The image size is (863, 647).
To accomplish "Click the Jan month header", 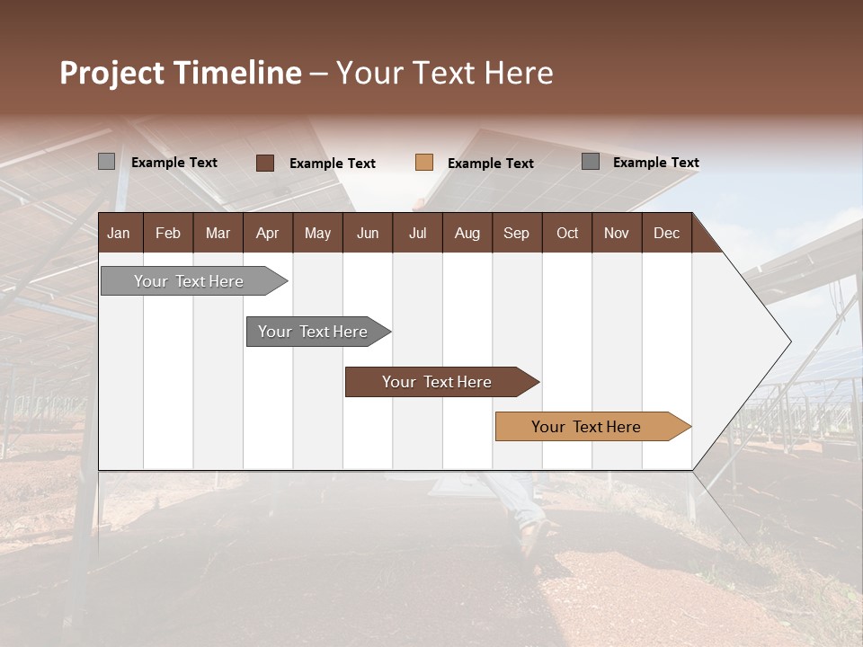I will click(119, 233).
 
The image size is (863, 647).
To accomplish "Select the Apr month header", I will click(267, 233).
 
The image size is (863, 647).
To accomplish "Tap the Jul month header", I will click(417, 233).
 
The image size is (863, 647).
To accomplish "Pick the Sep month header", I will click(516, 233).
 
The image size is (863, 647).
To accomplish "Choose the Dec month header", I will click(666, 233).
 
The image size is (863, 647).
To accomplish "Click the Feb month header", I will click(168, 233).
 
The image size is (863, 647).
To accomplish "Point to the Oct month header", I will click(567, 233).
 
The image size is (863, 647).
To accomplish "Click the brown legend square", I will click(264, 163).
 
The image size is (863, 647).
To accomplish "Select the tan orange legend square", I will click(424, 163).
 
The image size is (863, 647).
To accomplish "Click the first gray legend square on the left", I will click(106, 162).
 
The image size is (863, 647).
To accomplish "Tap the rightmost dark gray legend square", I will click(591, 162).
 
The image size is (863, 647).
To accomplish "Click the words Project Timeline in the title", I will click(180, 73).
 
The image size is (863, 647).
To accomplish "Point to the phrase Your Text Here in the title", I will click(445, 73).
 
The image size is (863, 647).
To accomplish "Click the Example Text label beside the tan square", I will click(490, 164).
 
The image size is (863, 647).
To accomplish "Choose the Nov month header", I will click(616, 233).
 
